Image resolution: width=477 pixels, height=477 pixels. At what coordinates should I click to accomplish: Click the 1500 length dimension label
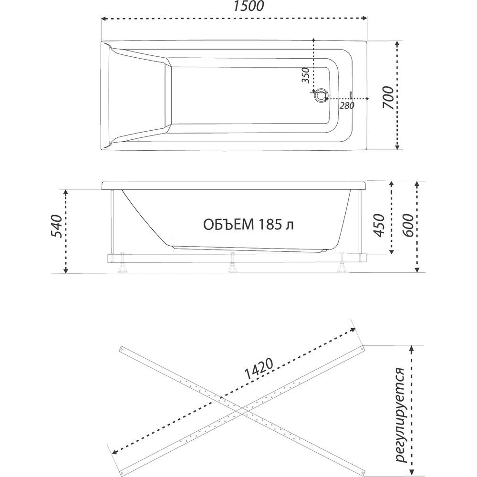click(248, 6)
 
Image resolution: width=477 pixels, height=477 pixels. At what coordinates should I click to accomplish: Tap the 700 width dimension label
click(388, 97)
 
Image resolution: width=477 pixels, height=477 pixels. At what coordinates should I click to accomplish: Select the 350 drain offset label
click(305, 75)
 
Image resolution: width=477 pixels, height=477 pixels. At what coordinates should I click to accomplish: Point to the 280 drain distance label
click(347, 105)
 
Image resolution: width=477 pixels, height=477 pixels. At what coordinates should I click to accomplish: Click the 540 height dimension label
click(56, 226)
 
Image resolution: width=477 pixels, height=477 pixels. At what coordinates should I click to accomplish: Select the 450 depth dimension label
click(379, 225)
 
